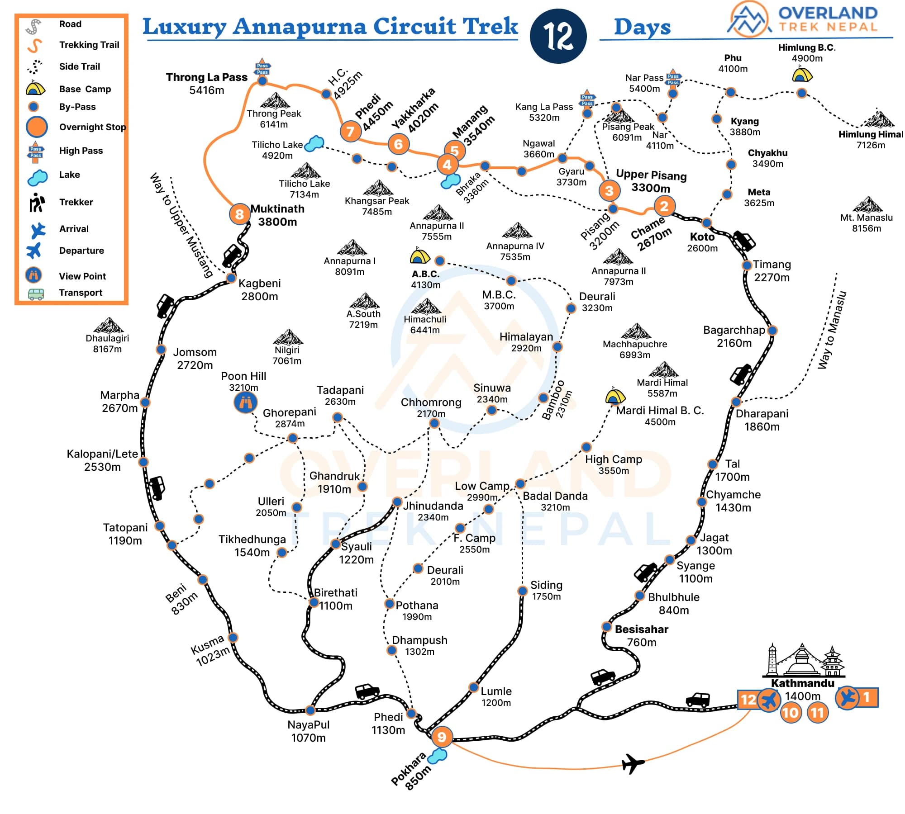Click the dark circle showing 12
coord(558,36)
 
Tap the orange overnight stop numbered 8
coord(239,214)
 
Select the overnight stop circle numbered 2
coord(664,206)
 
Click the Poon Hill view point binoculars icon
coord(245,402)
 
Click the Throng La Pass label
coord(206,77)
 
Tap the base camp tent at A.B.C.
coord(419,256)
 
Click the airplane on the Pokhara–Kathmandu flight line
coord(633,764)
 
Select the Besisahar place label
coord(641,629)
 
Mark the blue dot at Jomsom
coord(161,349)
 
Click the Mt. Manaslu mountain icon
coord(867,205)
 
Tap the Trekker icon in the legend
coord(36,203)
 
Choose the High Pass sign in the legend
coord(36,152)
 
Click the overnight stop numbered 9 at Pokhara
coord(442,737)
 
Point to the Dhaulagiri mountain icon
coord(108,326)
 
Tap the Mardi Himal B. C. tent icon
coord(615,396)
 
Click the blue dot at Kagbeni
coord(231,278)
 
